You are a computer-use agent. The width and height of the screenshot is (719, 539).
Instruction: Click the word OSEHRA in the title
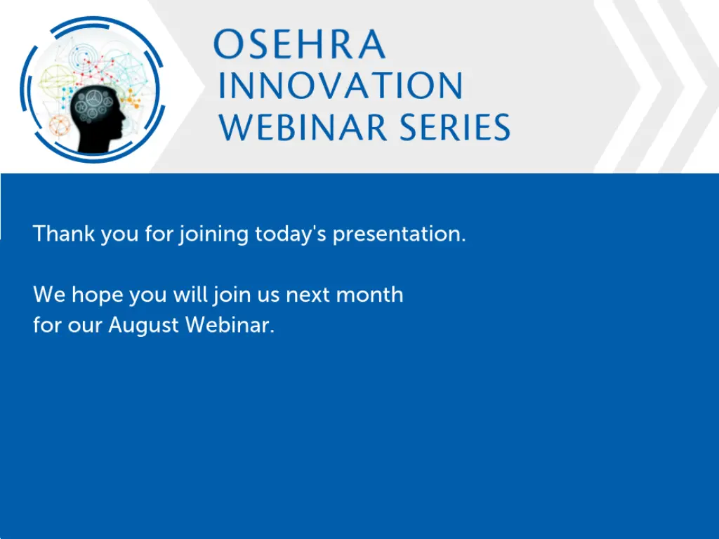click(x=299, y=44)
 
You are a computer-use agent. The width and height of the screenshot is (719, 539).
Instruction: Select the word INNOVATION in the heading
click(x=341, y=86)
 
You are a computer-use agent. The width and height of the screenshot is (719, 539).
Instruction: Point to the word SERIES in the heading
click(x=454, y=126)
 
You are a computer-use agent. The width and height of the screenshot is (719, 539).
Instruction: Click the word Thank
click(x=64, y=233)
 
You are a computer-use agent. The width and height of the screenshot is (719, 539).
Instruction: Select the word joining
click(x=213, y=234)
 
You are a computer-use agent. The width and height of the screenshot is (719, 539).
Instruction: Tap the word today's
click(x=291, y=234)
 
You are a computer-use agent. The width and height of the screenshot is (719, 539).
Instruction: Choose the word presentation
click(x=399, y=234)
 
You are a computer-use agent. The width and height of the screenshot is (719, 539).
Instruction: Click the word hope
click(x=98, y=295)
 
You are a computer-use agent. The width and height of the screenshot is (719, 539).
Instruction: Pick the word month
click(x=369, y=294)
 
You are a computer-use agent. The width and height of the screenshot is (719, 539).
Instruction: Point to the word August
click(x=143, y=326)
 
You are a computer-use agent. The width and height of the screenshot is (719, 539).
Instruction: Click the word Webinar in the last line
click(x=230, y=324)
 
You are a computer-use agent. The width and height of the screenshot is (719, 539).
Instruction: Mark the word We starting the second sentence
click(x=49, y=295)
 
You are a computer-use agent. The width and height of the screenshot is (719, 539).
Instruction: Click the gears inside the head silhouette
click(x=94, y=105)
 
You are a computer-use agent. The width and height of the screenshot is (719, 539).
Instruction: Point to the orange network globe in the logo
click(x=60, y=125)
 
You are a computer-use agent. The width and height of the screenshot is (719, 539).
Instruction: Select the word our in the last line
click(x=85, y=326)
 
